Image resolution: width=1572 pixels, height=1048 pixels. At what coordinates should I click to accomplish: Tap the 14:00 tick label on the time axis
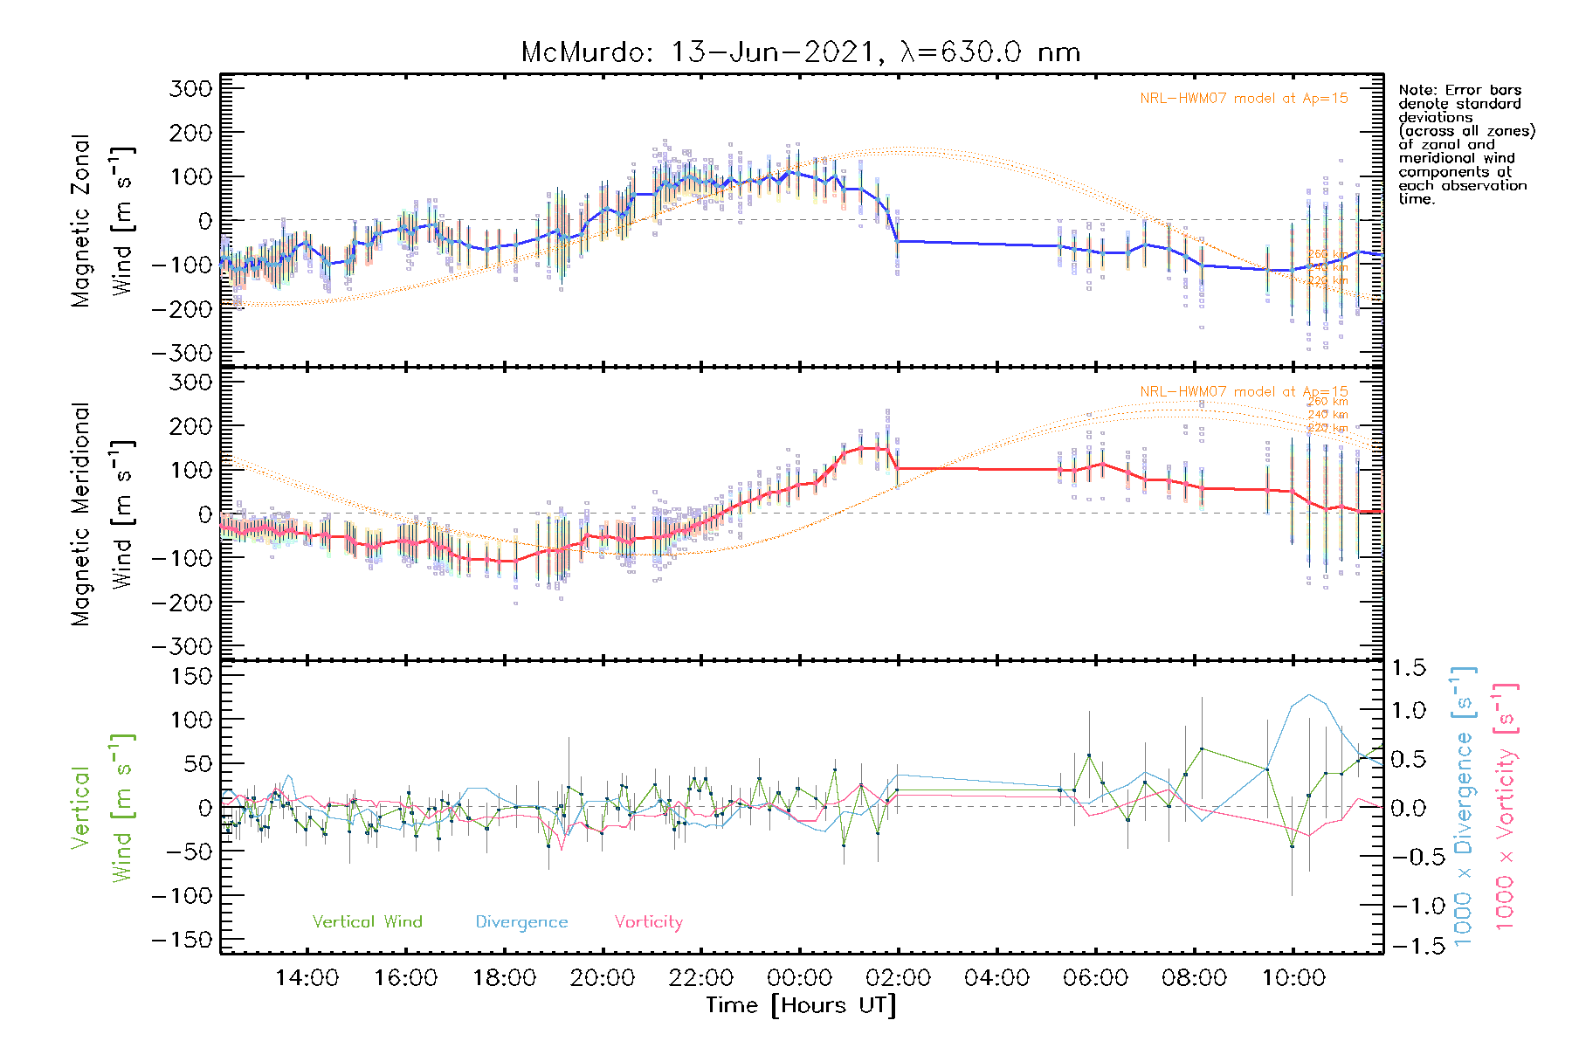[307, 978]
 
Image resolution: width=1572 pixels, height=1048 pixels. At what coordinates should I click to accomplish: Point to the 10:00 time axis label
[1293, 978]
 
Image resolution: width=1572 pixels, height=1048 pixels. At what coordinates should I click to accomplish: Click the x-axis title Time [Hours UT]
[801, 1005]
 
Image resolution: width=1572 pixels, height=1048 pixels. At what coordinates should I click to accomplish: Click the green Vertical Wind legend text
[367, 922]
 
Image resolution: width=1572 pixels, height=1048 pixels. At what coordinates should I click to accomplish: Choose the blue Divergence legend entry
[521, 922]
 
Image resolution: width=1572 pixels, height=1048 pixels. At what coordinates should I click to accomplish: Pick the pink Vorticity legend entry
[648, 922]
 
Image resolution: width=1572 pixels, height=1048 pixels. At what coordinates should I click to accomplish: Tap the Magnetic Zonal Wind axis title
[102, 220]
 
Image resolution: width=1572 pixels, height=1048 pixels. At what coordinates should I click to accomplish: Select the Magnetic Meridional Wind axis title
[102, 514]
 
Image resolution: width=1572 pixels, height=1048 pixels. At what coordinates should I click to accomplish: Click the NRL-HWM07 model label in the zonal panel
[1244, 99]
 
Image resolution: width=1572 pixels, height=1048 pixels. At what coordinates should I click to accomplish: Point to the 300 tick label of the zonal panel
[190, 88]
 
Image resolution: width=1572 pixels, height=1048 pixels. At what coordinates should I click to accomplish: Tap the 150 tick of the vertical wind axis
[190, 676]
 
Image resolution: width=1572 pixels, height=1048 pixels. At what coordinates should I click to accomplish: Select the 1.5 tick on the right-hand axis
[1408, 668]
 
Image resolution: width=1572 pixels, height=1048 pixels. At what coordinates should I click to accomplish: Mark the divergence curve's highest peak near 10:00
[1308, 695]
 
